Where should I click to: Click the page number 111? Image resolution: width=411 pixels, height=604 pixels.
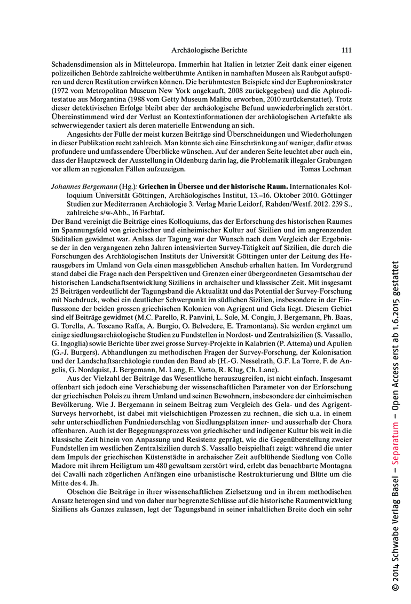coord(346,50)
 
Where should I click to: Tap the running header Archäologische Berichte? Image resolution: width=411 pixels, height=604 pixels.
coord(209,50)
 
